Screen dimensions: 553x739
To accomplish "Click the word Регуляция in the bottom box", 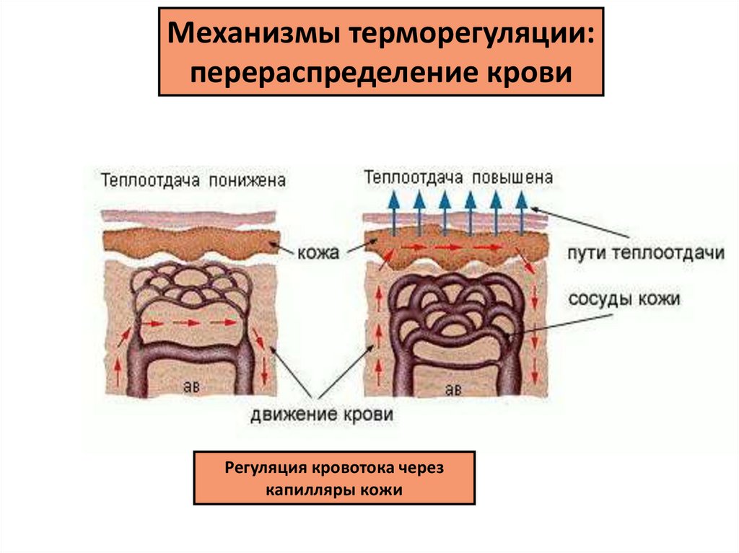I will (x=265, y=468).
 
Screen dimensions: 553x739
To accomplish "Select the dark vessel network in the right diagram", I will (x=455, y=310).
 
